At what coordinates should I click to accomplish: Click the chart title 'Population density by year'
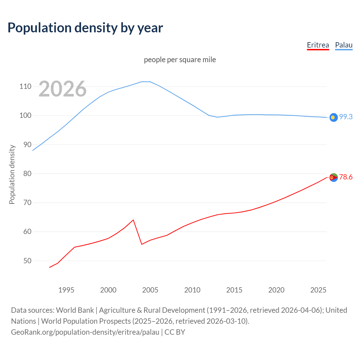[x=85, y=28]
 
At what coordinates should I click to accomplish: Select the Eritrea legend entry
[x=318, y=45]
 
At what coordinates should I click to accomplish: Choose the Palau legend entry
[x=344, y=45]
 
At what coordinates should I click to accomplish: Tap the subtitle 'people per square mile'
[x=180, y=60]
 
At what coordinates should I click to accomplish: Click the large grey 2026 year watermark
[x=62, y=89]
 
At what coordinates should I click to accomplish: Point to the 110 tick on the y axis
[x=25, y=86]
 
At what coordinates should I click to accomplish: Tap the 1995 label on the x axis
[x=66, y=290]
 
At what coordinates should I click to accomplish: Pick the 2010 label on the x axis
[x=192, y=290]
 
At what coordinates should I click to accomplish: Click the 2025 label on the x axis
[x=318, y=290]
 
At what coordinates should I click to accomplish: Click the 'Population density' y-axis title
[x=12, y=174]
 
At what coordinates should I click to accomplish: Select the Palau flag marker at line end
[x=334, y=117]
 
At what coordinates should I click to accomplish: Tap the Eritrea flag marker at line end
[x=334, y=177]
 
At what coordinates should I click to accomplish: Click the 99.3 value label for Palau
[x=346, y=117]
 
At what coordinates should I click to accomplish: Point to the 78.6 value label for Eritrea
[x=346, y=177]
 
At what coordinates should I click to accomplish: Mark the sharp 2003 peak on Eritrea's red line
[x=133, y=220]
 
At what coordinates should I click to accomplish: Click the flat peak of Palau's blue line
[x=146, y=82]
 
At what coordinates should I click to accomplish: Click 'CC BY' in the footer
[x=175, y=332]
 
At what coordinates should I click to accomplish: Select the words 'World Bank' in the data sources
[x=75, y=310]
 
